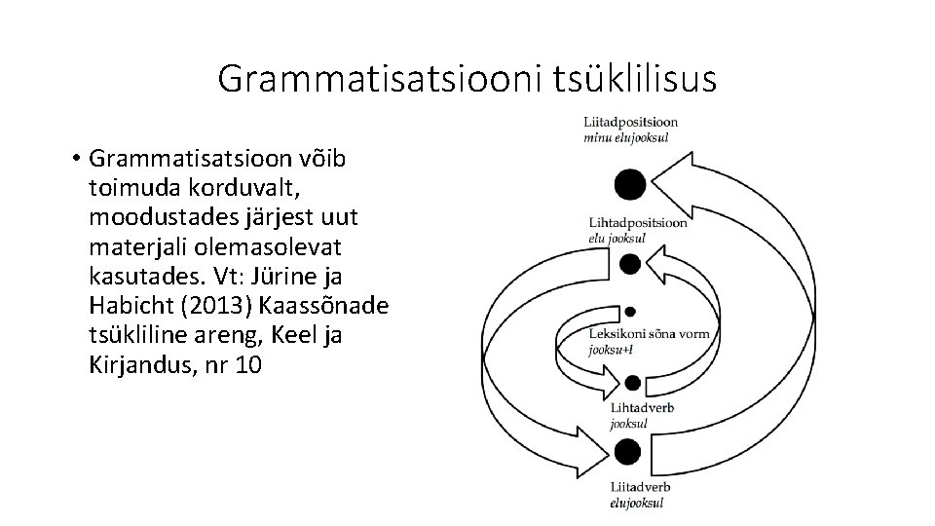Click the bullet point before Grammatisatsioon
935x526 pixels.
click(x=75, y=159)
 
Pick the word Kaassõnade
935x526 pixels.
click(x=325, y=305)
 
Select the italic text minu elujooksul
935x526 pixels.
click(x=625, y=138)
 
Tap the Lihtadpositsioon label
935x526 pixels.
click(x=637, y=222)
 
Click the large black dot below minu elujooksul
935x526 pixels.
click(x=630, y=182)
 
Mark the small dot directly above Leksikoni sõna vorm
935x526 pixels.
click(x=630, y=312)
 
